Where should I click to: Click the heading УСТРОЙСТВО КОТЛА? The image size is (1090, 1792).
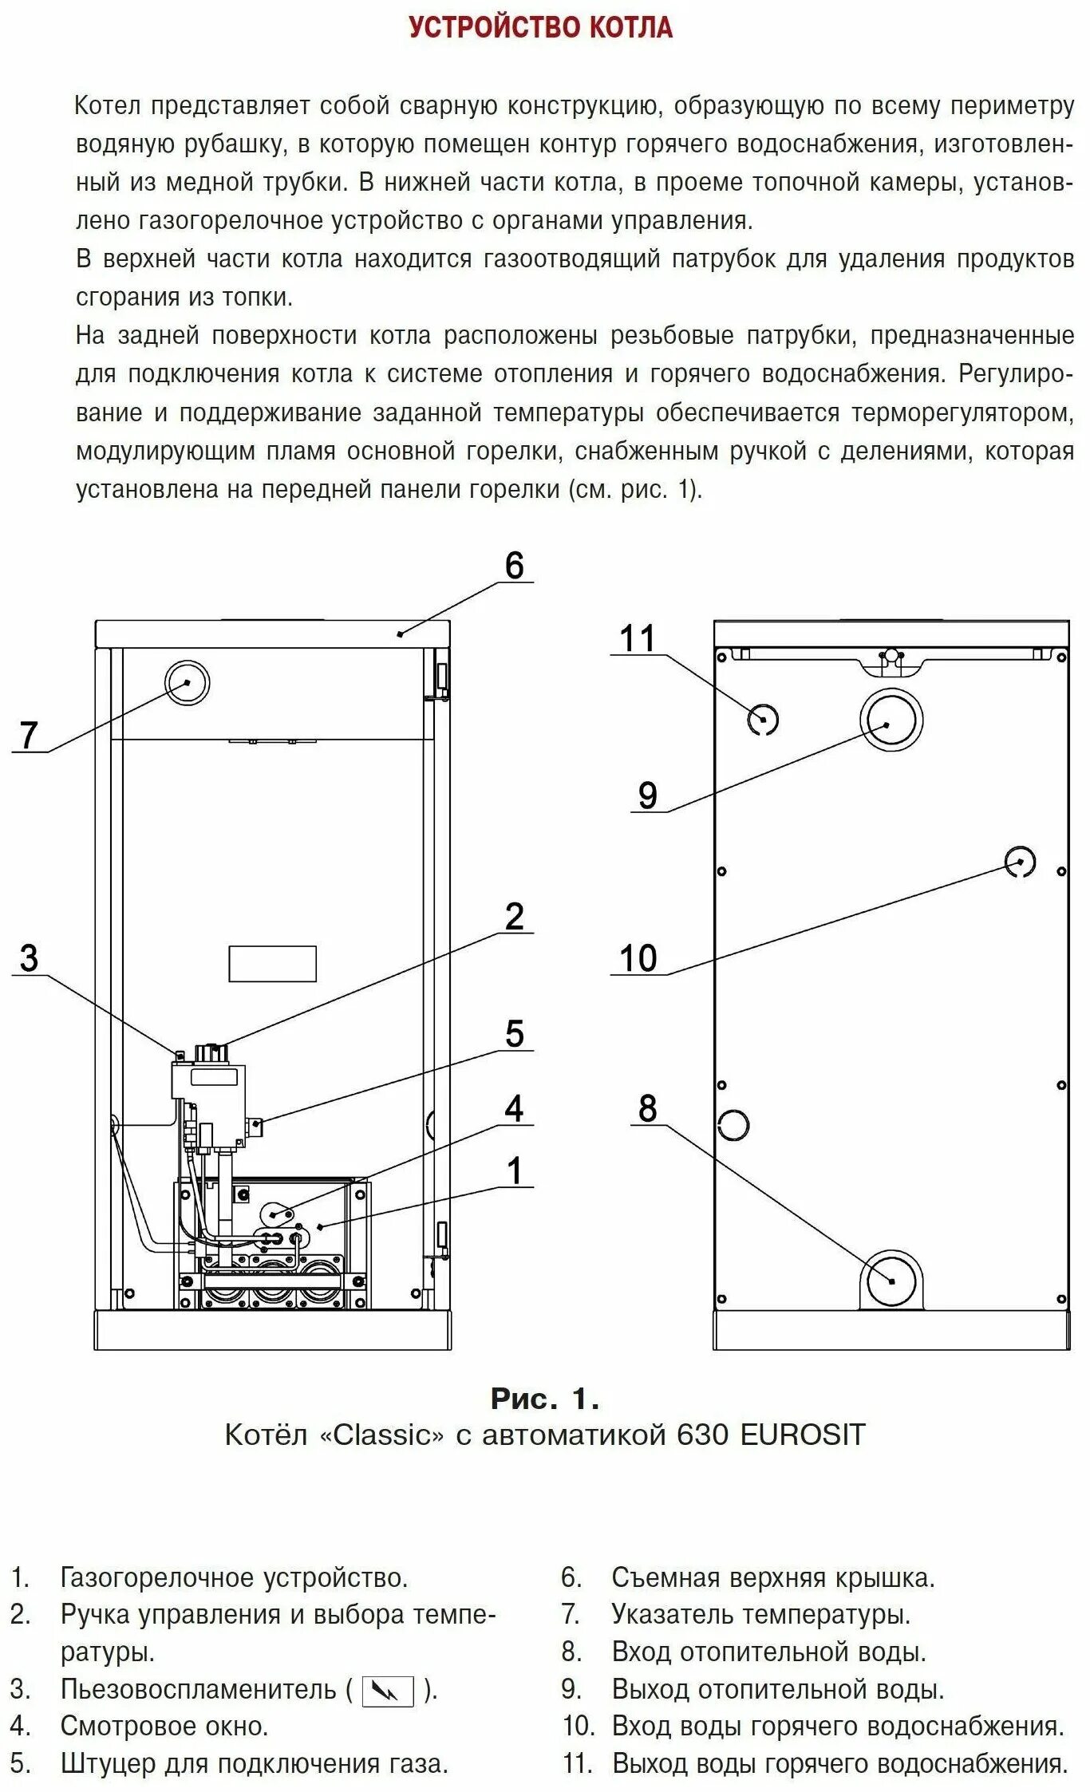tap(540, 28)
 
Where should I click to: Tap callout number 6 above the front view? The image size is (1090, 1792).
tap(514, 566)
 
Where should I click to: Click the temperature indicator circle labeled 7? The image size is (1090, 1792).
tap(187, 683)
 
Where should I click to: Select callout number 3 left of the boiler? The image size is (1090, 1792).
tap(29, 958)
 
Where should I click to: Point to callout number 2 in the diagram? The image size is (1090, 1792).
tap(514, 917)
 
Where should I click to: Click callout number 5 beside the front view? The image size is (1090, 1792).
tap(514, 1034)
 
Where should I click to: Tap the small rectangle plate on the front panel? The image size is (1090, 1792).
tap(272, 964)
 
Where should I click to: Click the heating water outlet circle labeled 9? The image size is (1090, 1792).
tap(891, 720)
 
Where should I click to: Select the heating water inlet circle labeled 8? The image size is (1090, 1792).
tap(891, 1280)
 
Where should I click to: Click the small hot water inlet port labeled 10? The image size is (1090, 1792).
tap(1019, 862)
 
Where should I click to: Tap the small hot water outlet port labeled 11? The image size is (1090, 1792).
tap(762, 720)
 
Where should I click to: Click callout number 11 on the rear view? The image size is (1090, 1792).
tap(637, 639)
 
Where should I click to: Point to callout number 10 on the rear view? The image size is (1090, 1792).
tap(637, 958)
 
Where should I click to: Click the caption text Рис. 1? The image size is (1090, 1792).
tap(544, 1399)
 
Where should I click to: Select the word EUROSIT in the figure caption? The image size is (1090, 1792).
tap(802, 1435)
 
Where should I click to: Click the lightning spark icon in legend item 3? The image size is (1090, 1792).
tap(388, 1691)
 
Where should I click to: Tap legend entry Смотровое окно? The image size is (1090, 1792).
tap(164, 1727)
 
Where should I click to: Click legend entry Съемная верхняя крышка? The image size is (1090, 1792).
tap(772, 1577)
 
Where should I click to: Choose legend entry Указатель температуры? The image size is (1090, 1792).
tap(760, 1615)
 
